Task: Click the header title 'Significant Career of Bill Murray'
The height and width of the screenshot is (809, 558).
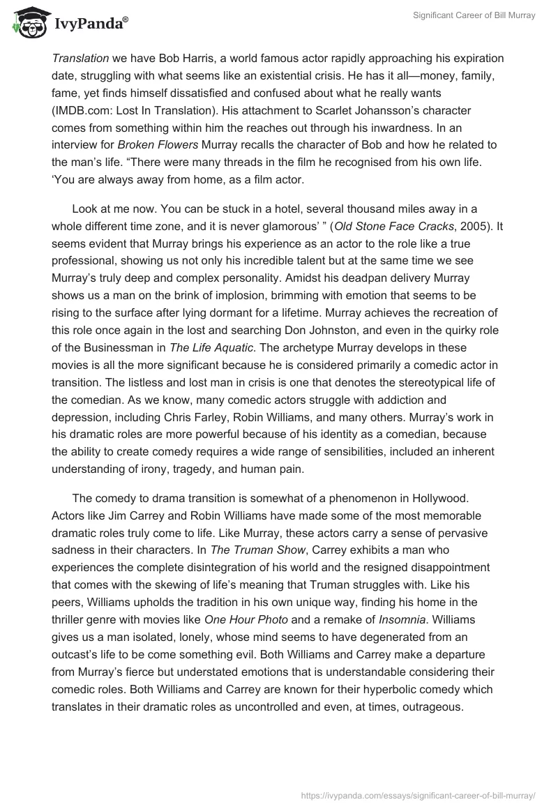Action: (474, 16)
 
